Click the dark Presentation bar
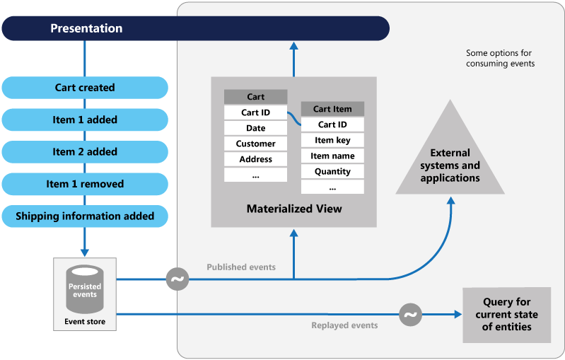(195, 28)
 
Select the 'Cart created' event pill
(85, 88)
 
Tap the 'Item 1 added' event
(85, 120)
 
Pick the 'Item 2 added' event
(85, 151)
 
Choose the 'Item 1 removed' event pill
(85, 184)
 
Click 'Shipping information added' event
(85, 216)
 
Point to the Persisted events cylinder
(85, 289)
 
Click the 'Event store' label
(85, 322)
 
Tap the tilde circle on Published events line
(177, 279)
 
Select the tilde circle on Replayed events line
(410, 314)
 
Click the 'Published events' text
(241, 267)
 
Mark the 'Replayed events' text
(344, 325)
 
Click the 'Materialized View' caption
(294, 209)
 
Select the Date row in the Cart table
(255, 128)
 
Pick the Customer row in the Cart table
(255, 144)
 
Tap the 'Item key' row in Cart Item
(332, 140)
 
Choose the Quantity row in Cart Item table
(332, 171)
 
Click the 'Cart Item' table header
(332, 109)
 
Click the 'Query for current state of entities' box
(506, 314)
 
